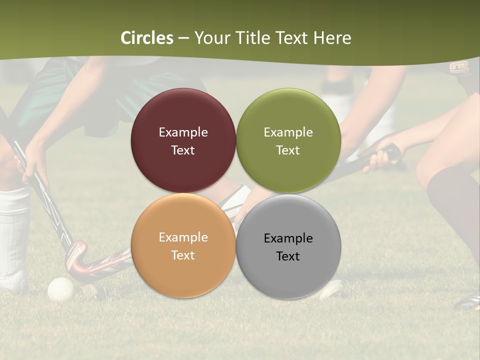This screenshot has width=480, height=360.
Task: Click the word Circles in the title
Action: tap(147, 38)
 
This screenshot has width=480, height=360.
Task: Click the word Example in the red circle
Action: tap(183, 132)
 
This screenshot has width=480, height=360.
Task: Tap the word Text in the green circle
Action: tap(288, 150)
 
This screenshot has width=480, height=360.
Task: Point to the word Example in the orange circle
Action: tap(183, 237)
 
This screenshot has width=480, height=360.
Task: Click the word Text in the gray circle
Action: tap(288, 256)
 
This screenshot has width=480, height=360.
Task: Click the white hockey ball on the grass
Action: tap(60, 289)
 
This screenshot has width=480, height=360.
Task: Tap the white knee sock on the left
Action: tap(14, 235)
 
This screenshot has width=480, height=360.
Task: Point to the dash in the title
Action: tap(183, 38)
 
